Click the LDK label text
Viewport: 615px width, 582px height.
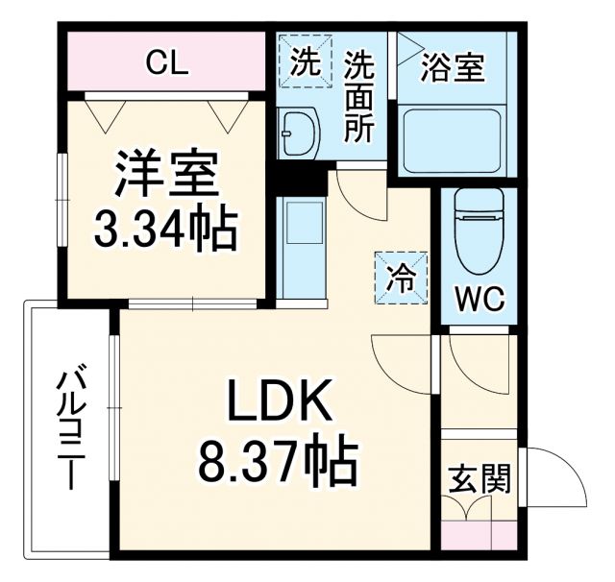tap(279, 404)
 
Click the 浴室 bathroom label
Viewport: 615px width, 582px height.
tap(454, 69)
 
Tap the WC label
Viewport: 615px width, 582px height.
tap(479, 298)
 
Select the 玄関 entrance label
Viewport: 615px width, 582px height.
tap(478, 477)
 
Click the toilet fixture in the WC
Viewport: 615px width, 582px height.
tap(479, 230)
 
